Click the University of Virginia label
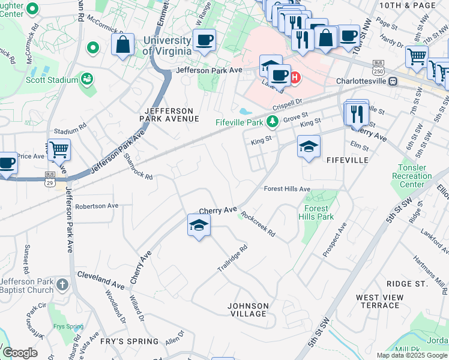(x=167, y=46)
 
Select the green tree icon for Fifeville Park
(x=273, y=122)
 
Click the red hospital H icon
(x=295, y=77)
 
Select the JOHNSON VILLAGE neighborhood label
(x=247, y=310)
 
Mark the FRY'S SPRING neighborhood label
(x=130, y=341)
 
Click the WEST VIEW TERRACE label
(x=376, y=301)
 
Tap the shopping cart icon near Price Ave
(x=58, y=150)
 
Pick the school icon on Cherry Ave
(x=199, y=225)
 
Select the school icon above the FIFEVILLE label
(x=309, y=147)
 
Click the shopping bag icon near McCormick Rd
(x=123, y=44)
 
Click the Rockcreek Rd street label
(x=258, y=223)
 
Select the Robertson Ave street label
(x=97, y=206)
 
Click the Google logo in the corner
(x=20, y=353)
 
